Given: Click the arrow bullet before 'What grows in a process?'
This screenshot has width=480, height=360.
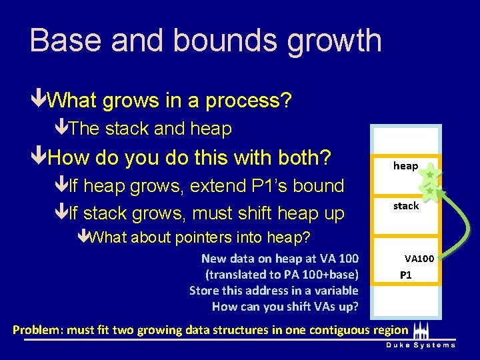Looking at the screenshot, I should [39, 101].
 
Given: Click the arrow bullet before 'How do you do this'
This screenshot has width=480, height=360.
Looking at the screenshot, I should [39, 158].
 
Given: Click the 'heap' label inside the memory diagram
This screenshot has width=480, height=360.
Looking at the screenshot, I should [405, 166].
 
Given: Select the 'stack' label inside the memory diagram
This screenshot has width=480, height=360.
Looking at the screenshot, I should [405, 206].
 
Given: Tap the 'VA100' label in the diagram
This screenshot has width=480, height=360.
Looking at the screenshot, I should [419, 258].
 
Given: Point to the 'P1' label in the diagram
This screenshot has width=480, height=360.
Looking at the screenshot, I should [405, 275].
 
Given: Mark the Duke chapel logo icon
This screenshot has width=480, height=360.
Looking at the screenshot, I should [419, 331].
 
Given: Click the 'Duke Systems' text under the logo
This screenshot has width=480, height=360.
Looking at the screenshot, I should [420, 345].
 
